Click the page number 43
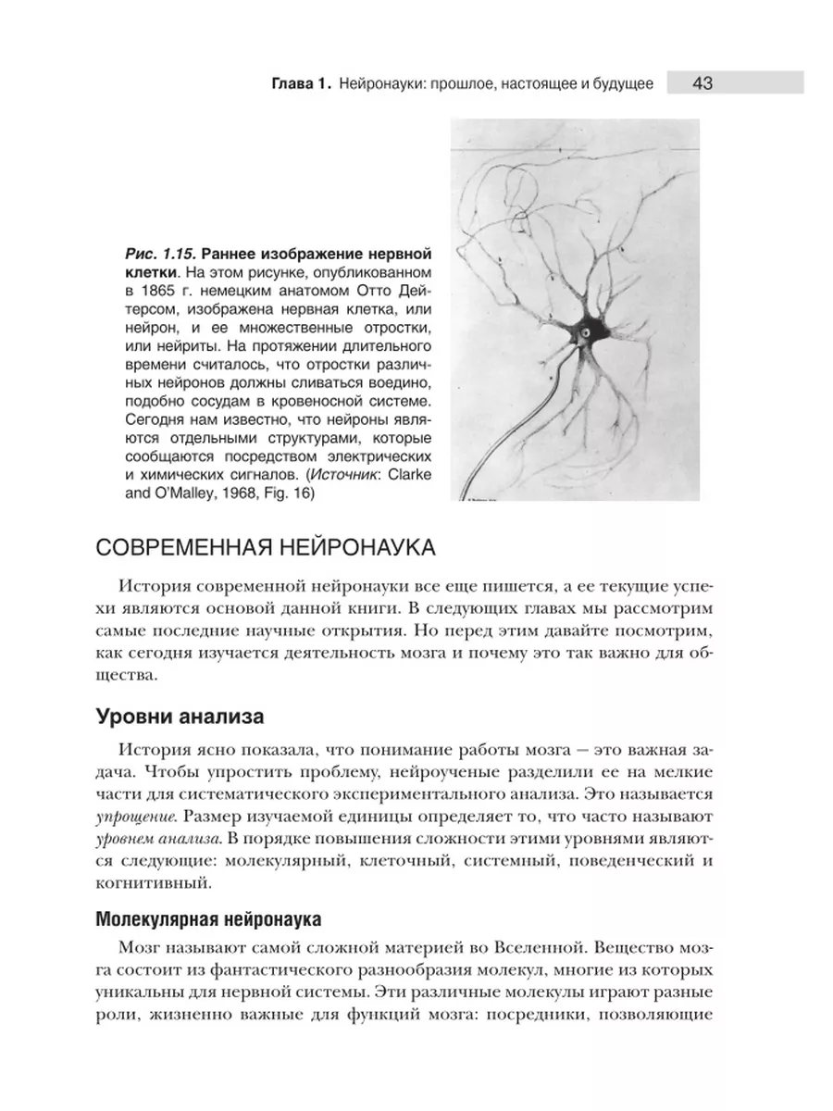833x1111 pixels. pos(701,83)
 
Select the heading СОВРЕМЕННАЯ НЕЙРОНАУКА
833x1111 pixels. pos(267,547)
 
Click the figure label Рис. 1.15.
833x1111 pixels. pos(158,253)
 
